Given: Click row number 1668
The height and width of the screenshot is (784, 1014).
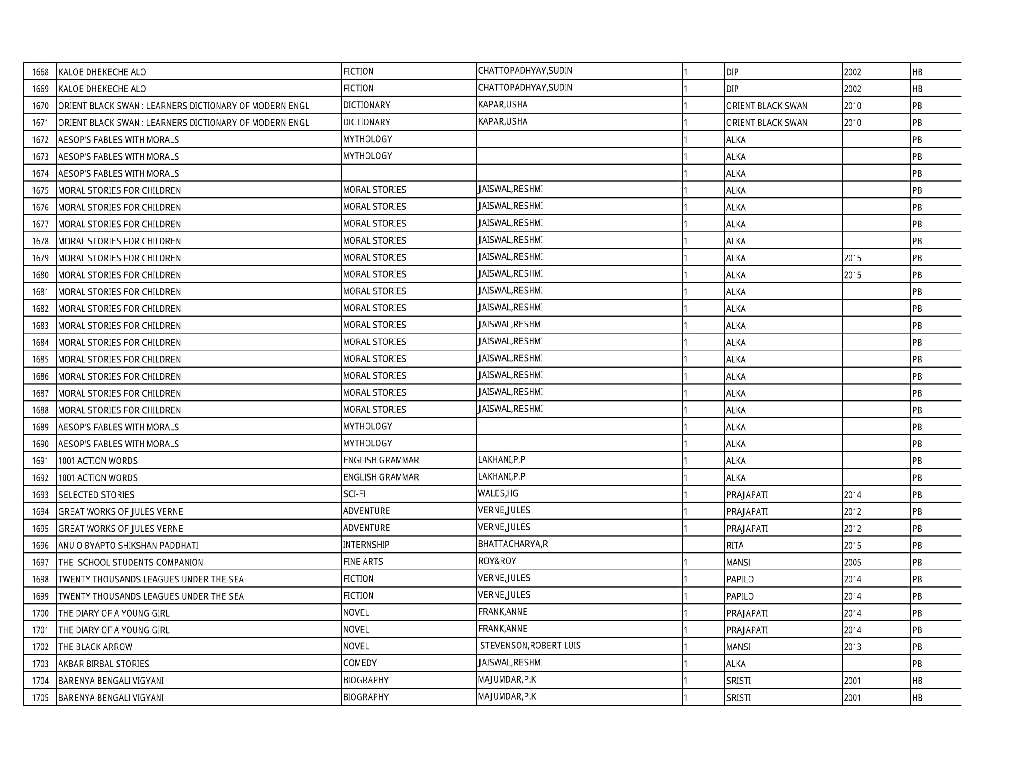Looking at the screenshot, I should pos(41,72).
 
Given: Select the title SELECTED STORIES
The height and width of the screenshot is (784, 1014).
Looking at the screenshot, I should pos(96,495).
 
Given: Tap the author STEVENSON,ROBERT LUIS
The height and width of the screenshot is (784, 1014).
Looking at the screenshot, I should pos(530,646).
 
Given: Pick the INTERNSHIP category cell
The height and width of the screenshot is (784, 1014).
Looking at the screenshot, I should pos(366,544).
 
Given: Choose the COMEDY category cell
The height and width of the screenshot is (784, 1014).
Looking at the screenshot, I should pos(360,663).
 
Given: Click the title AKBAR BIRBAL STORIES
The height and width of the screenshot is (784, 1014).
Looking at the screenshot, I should pos(104,664).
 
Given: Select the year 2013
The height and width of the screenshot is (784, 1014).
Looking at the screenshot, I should pos(852,647).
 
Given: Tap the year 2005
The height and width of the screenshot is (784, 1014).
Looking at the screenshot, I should pos(852,563).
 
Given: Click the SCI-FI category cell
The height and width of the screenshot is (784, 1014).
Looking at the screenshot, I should pos(354,494).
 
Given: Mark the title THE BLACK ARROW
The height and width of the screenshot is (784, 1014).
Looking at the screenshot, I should pos(95,647).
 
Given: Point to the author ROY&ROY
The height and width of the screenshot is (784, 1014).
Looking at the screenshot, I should pos(497,561).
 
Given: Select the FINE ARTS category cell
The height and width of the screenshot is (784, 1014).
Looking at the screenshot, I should pos(363,562).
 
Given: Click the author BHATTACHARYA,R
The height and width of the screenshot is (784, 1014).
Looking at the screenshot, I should pos(513,544).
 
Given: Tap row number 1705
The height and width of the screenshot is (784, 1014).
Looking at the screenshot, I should pos(41,698).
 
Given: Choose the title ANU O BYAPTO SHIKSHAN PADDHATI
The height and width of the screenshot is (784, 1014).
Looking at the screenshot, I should pos(128,545).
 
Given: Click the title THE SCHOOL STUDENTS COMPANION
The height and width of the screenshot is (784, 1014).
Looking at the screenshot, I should pos(130,563).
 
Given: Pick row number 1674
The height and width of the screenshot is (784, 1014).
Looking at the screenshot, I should pos(41,174).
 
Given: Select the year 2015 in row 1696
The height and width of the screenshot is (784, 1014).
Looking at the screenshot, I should pos(852,545).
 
